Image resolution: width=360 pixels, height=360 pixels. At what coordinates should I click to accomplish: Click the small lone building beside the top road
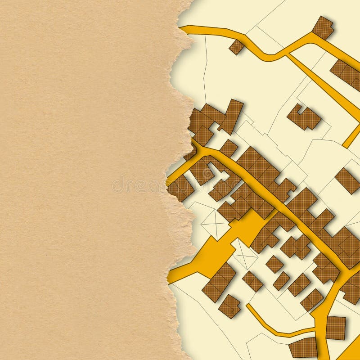click(236, 47)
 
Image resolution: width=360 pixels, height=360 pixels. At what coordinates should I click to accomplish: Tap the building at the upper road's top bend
click(323, 27)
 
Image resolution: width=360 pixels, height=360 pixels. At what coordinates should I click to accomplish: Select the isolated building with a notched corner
click(304, 117)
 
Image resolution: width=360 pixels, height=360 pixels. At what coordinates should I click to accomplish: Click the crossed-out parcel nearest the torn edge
click(215, 223)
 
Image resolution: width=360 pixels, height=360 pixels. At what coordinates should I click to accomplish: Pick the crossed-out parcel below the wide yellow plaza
click(244, 254)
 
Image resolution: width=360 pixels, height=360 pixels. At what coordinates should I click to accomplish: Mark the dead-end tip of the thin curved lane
click(248, 306)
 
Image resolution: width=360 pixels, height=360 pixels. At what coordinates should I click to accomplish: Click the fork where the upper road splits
click(286, 55)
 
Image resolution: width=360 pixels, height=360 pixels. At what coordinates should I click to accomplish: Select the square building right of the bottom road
click(335, 328)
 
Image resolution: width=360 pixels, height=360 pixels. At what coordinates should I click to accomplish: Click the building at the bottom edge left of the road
click(303, 347)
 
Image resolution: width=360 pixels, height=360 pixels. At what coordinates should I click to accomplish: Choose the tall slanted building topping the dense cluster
click(231, 116)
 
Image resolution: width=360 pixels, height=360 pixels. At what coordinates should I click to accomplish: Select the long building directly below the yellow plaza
click(219, 282)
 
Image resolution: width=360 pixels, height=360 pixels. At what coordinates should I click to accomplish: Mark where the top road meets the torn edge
click(184, 29)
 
